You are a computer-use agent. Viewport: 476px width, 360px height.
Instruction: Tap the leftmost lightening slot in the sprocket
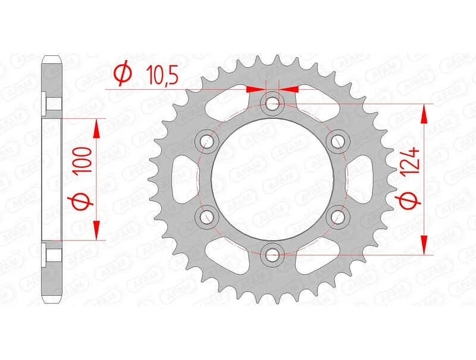coord(183,179)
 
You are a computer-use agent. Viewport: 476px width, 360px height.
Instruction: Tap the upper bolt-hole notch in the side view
coord(47,103)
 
